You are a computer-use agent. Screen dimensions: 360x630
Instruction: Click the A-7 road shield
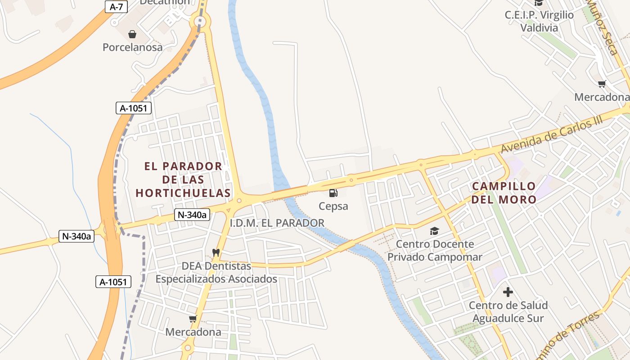(x=116, y=7)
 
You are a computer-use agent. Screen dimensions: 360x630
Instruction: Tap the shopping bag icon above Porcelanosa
(x=132, y=34)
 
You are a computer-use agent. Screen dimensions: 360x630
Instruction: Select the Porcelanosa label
(x=132, y=47)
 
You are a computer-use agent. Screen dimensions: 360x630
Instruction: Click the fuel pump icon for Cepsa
(x=333, y=193)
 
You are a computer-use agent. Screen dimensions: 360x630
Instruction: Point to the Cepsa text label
(x=333, y=207)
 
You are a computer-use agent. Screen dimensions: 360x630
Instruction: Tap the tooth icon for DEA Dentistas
(x=216, y=253)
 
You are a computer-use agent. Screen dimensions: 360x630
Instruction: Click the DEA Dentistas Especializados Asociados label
(x=216, y=273)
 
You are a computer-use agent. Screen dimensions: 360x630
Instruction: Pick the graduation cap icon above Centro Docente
(x=434, y=231)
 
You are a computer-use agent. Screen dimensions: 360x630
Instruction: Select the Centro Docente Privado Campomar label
(x=435, y=251)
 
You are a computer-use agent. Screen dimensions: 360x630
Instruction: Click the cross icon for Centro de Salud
(x=508, y=292)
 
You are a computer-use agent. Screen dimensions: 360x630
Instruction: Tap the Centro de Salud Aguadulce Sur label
(x=508, y=312)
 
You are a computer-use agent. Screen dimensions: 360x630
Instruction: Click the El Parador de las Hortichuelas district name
(x=183, y=180)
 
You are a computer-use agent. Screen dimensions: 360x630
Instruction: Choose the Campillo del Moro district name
(x=504, y=193)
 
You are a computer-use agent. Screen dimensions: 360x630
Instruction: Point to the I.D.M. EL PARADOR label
(x=277, y=223)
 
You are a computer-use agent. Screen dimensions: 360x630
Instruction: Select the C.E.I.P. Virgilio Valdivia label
(x=539, y=21)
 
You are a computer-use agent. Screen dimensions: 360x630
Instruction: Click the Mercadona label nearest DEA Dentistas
(x=193, y=332)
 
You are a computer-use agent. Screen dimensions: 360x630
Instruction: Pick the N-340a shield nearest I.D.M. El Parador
(x=192, y=215)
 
